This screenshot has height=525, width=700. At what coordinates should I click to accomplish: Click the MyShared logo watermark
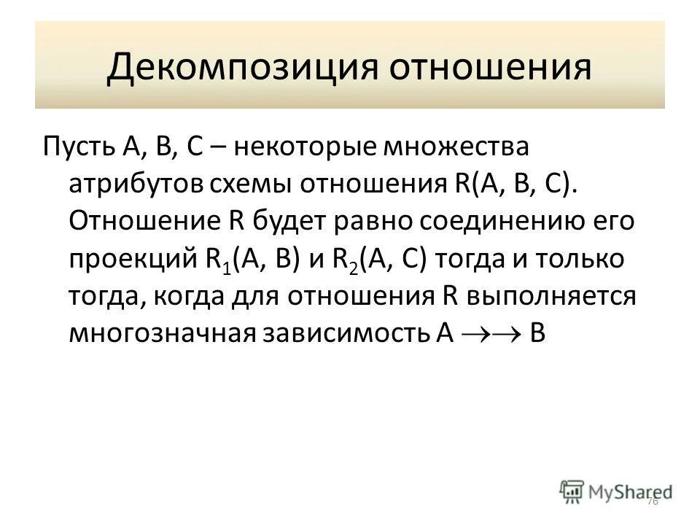coord(617,490)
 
